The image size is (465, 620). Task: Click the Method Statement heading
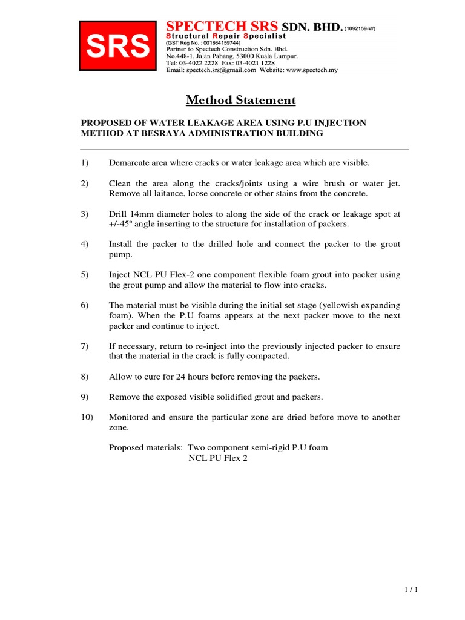pos(241,100)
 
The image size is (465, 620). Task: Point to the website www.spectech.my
pos(312,70)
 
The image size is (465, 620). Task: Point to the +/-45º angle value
pos(123,224)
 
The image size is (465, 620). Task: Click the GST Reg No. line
pos(203,44)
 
